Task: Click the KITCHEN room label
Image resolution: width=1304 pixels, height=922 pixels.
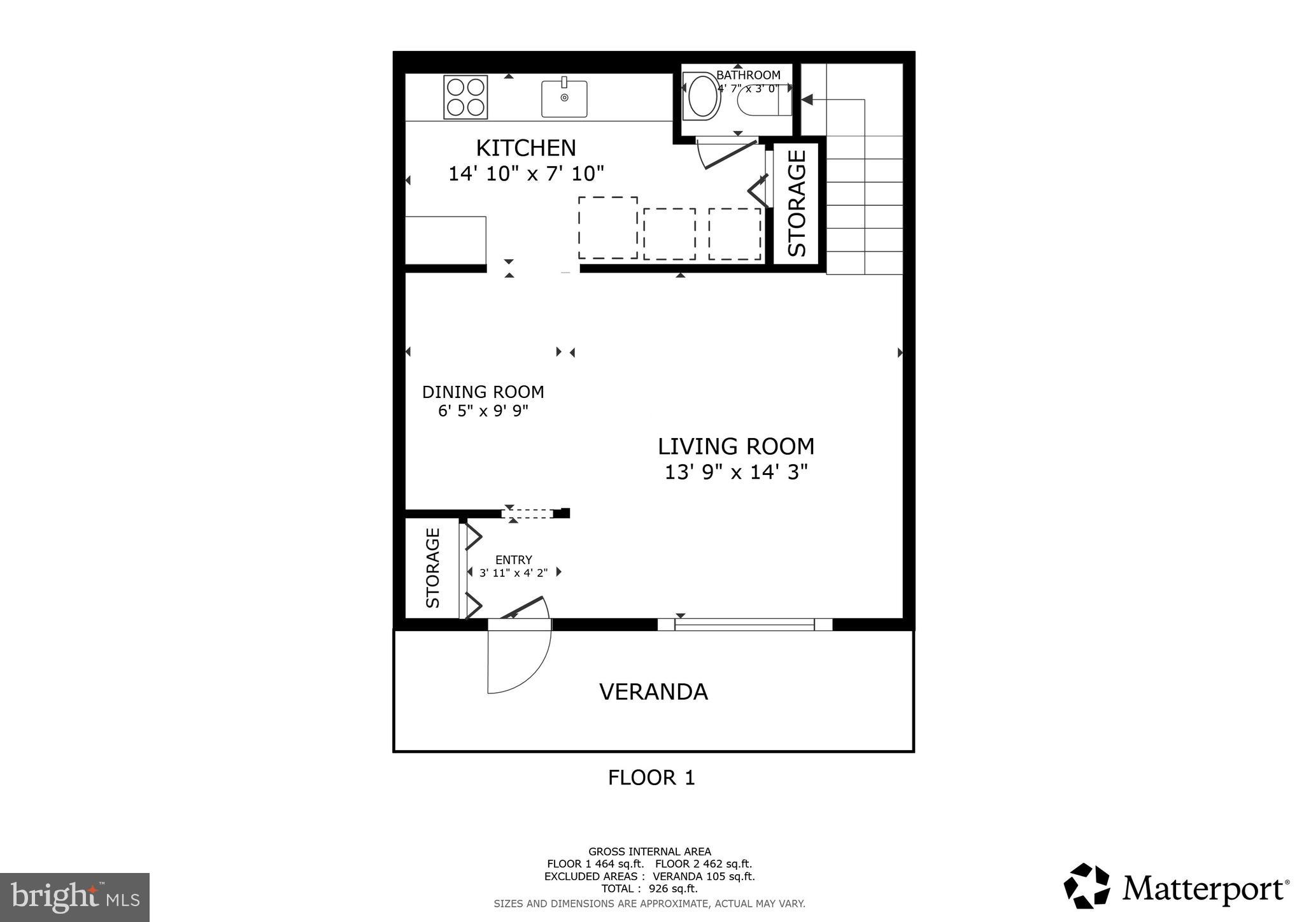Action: coord(526,148)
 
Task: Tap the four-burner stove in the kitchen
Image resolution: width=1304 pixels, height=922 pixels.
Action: coord(465,97)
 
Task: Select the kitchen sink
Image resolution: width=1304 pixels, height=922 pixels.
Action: coord(564,98)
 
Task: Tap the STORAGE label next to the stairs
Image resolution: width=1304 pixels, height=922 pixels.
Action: coord(797,203)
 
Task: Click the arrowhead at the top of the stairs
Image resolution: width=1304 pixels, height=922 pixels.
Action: coord(807,100)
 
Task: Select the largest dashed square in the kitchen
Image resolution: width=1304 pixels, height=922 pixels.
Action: coord(607,227)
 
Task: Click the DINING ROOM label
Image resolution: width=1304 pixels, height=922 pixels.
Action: coord(483,392)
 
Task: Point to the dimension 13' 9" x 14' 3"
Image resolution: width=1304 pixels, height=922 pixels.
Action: coord(736,472)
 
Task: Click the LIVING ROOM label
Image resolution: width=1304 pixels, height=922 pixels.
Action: coord(736,446)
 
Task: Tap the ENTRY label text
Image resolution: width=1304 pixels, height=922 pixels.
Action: coord(513,560)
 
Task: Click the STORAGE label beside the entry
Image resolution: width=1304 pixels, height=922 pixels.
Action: coord(432,567)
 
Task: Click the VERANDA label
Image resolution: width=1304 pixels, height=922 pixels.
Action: coord(653,691)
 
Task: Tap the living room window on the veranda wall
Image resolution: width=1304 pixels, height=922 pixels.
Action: coord(744,625)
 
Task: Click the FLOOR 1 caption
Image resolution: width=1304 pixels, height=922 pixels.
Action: coord(651,777)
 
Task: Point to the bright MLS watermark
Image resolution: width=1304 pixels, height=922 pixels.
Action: coord(74,897)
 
